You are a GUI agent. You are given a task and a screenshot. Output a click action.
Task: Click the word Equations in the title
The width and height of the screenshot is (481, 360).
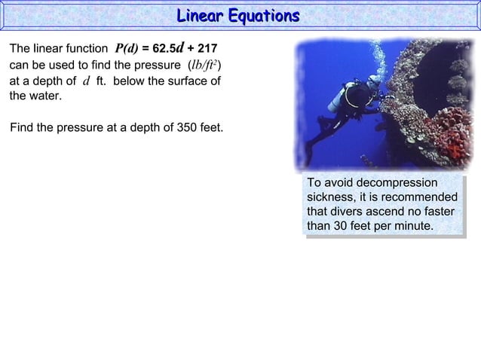[264, 16]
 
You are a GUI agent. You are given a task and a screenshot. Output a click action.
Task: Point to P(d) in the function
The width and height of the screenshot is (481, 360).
[127, 47]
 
